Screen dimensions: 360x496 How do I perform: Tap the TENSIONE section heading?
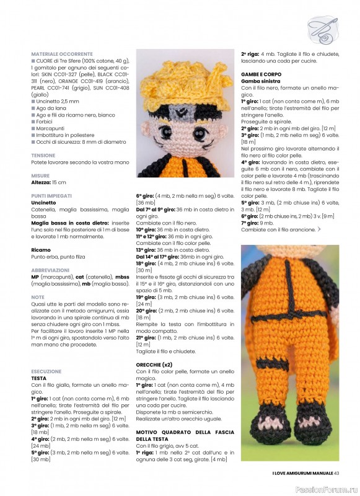tap(43, 156)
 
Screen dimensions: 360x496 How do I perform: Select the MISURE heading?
tap(40, 176)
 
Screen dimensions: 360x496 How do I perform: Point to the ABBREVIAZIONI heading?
tap(50, 270)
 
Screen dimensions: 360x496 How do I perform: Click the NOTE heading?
tap(38, 297)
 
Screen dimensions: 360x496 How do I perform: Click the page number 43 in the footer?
tap(336, 474)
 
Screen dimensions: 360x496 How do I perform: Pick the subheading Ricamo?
tap(42, 249)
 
